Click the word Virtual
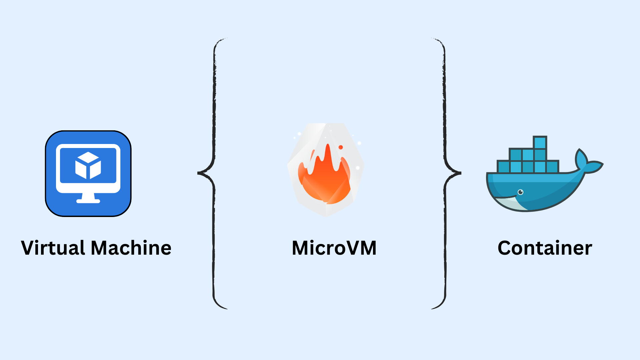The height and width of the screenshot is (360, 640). [x=53, y=248]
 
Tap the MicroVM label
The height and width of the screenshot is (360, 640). [x=334, y=248]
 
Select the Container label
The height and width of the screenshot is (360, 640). [x=545, y=248]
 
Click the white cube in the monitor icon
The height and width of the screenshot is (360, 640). [x=88, y=165]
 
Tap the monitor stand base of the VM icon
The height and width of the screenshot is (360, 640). [x=88, y=201]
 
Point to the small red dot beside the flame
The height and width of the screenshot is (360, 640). [x=341, y=147]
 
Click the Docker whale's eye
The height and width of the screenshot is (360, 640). [x=521, y=192]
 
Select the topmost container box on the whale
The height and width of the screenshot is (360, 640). [x=540, y=143]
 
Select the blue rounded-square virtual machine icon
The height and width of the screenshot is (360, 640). [x=88, y=173]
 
